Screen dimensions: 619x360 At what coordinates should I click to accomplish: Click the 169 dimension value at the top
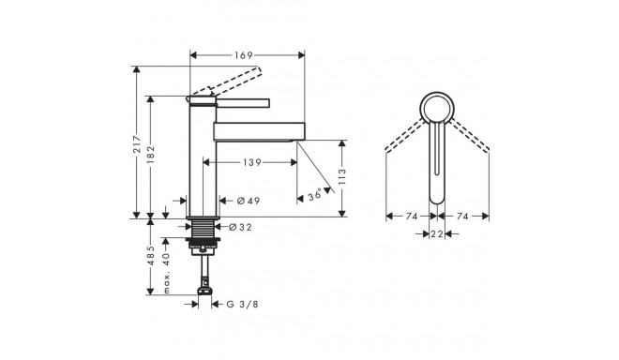coord(243,55)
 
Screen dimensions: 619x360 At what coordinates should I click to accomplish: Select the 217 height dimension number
coord(137,144)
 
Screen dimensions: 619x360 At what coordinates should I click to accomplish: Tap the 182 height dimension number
coord(151,155)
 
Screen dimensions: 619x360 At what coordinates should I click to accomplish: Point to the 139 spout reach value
coord(252,162)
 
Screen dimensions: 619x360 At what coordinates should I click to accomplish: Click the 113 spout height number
coord(342,177)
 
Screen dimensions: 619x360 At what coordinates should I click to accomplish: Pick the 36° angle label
coord(315,195)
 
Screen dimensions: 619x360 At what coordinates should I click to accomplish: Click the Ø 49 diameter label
coord(249,201)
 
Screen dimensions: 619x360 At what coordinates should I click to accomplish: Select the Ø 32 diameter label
coord(240,228)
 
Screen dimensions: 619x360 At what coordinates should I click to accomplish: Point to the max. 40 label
coord(166,274)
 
